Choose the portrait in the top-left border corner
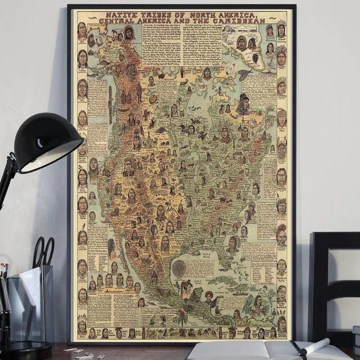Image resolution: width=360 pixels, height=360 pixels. (82, 31)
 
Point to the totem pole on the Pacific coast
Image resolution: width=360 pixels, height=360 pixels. (109, 101)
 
